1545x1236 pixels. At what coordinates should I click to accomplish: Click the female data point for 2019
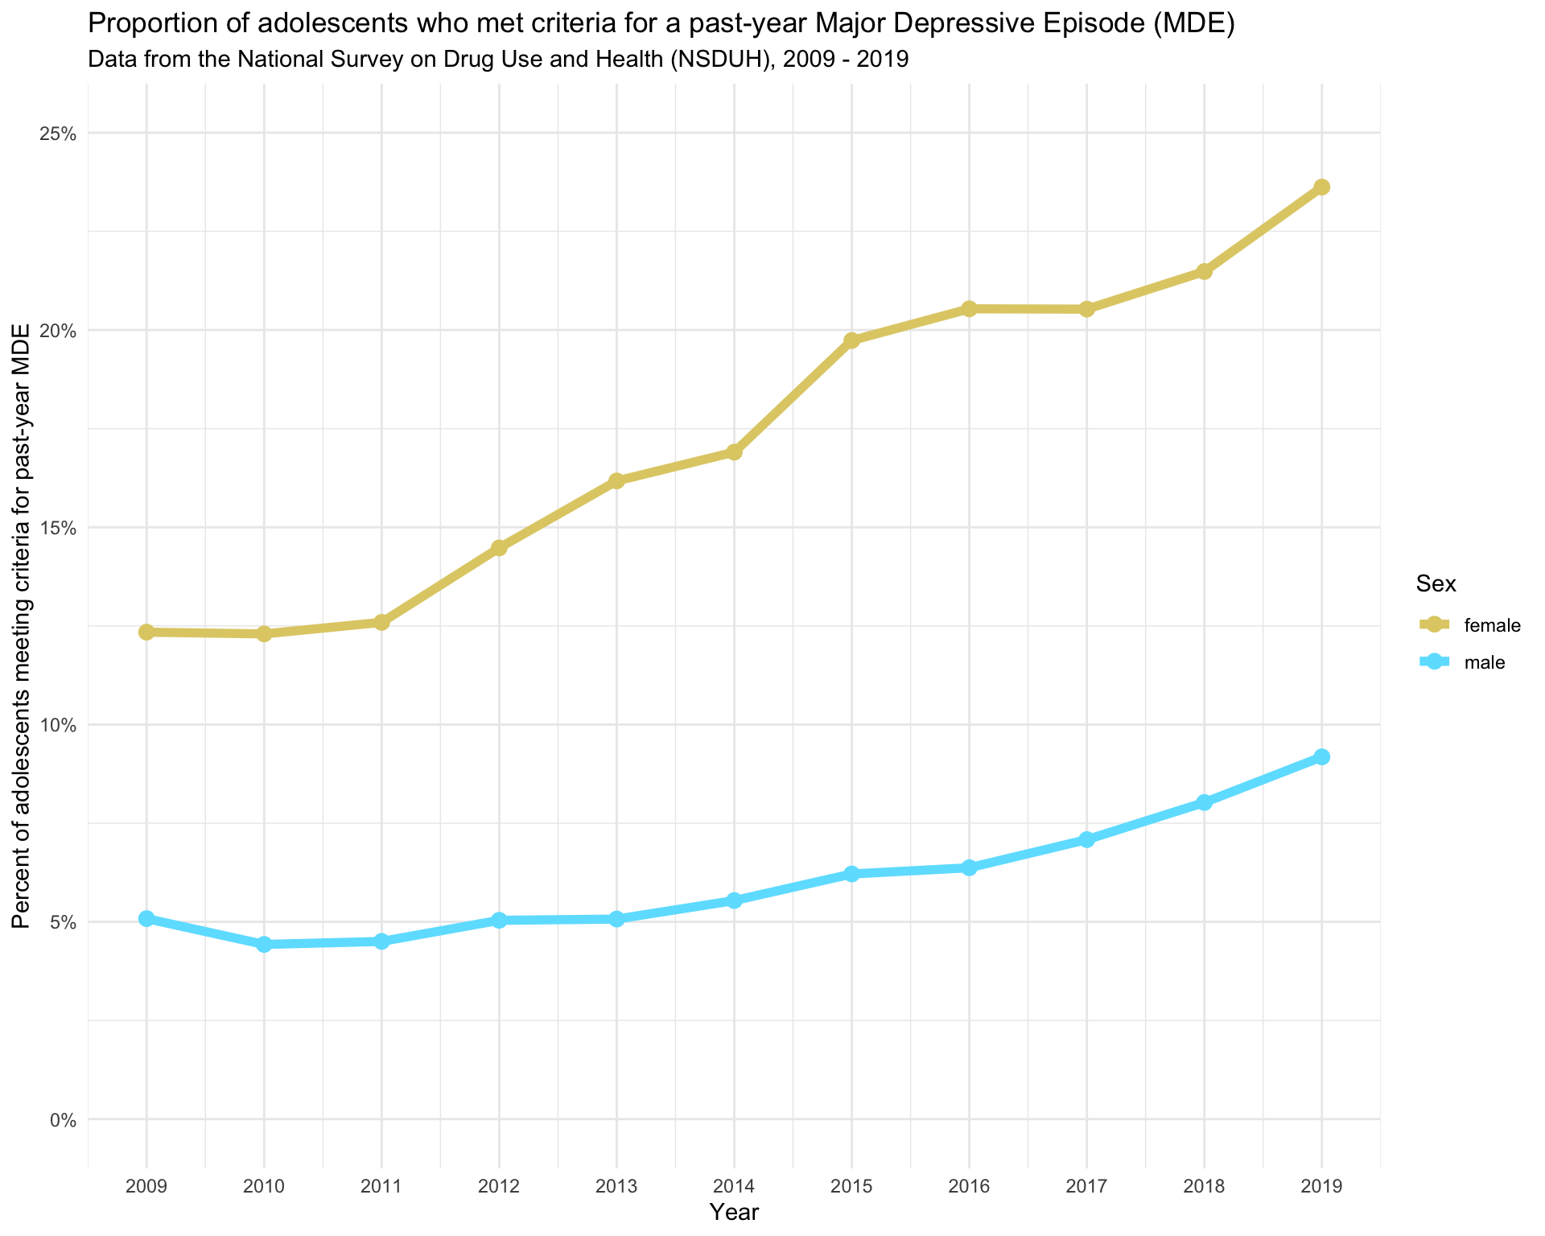pos(1321,187)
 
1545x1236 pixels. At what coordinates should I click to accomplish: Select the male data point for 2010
pos(264,945)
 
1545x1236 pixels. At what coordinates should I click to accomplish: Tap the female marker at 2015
pos(851,340)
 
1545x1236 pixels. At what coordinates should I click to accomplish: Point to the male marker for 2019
pos(1321,757)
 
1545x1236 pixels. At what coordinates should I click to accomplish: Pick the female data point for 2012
pos(499,548)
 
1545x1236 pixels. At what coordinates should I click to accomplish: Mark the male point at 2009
pos(146,919)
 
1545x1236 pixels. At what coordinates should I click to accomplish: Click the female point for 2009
pos(146,632)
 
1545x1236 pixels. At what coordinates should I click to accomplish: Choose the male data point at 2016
pos(969,867)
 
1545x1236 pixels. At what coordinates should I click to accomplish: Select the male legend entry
pos(1485,663)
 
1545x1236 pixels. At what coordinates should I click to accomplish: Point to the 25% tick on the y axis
pos(59,134)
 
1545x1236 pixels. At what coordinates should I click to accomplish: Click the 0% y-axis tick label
pos(63,1120)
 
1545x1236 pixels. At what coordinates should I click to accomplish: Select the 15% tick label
pos(59,528)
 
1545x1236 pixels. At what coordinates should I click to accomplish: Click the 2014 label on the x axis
pos(734,1185)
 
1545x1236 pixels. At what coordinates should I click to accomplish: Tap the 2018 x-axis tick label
pos(1204,1185)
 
